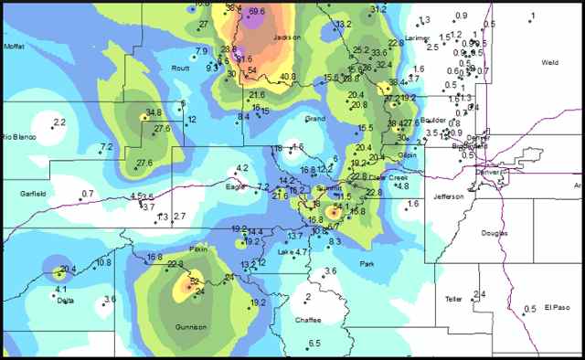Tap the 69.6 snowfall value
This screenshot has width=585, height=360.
click(x=258, y=11)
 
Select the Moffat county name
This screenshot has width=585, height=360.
click(x=14, y=46)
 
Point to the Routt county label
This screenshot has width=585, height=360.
click(x=180, y=68)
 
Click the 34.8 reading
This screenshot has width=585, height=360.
click(x=154, y=112)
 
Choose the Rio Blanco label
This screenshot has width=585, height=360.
click(x=18, y=137)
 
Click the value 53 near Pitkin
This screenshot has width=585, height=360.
click(x=194, y=281)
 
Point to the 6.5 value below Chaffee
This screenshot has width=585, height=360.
click(x=314, y=343)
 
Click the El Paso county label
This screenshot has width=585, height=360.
click(x=557, y=307)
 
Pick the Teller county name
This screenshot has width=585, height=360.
click(x=453, y=299)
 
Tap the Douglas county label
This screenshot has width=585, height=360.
click(x=494, y=233)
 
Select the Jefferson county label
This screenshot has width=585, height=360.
click(x=449, y=196)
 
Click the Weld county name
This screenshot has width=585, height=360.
click(x=549, y=62)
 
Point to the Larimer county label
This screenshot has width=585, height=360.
click(x=417, y=38)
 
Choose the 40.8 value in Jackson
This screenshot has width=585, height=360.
click(x=288, y=76)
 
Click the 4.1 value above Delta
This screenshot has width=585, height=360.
click(x=61, y=290)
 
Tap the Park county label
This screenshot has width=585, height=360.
click(x=367, y=264)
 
